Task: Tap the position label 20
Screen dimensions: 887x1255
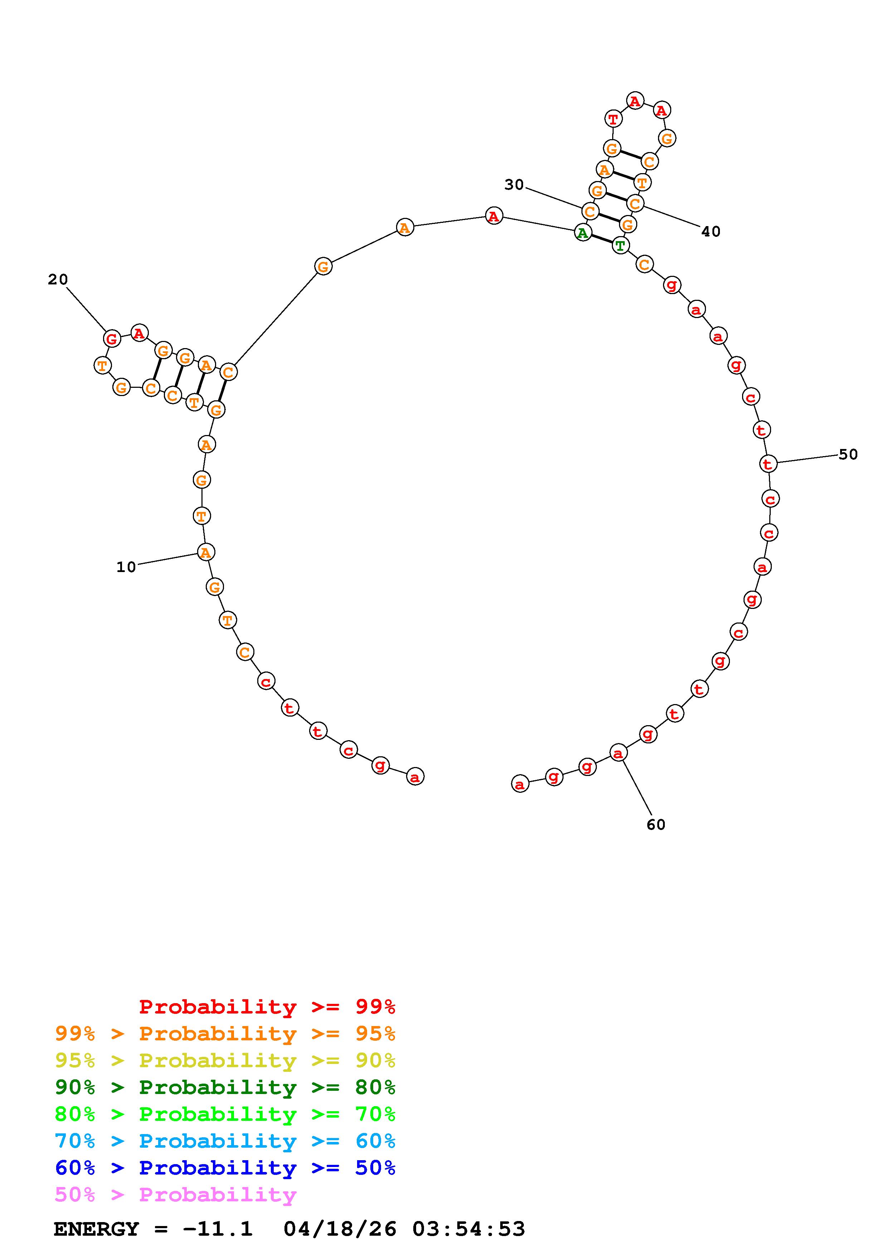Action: pos(58,279)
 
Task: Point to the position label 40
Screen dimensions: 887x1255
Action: pos(711,232)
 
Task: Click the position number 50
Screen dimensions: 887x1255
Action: pos(848,454)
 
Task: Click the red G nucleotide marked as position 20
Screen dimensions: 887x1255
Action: pos(112,338)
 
